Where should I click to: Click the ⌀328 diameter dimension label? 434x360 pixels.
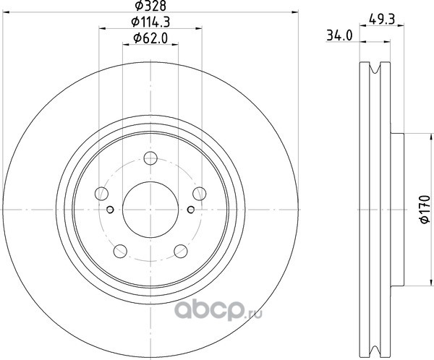click(150, 5)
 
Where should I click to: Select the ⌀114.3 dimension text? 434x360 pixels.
click(150, 22)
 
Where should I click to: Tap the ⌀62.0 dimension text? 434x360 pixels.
click(150, 38)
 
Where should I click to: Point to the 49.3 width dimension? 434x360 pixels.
click(382, 20)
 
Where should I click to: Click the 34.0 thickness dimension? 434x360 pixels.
click(340, 35)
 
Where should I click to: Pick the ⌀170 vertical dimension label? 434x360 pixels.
click(425, 209)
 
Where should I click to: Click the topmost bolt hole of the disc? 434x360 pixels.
click(150, 158)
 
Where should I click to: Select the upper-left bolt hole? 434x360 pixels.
click(101, 194)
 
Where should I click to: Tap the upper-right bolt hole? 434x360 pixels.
click(200, 194)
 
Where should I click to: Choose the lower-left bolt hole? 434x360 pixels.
click(120, 251)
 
